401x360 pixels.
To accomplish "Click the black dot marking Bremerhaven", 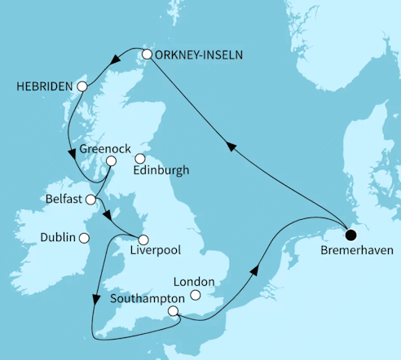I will pos(350,235).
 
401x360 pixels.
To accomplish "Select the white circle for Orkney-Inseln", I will pos(147,55).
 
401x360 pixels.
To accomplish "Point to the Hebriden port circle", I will pos(82,86).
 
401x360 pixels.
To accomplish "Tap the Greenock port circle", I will pos(112,161).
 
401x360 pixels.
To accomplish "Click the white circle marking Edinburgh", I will pos(139,159).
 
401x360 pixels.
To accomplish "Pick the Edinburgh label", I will pos(162,171).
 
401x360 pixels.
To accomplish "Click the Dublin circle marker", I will pos(82,238).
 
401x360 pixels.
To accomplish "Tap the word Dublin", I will pos(56,238).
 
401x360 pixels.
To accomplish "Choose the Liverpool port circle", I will pos(144,239).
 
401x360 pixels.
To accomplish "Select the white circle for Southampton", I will pos(173,311).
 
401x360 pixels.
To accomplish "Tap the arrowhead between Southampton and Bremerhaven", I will pos(258,270).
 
